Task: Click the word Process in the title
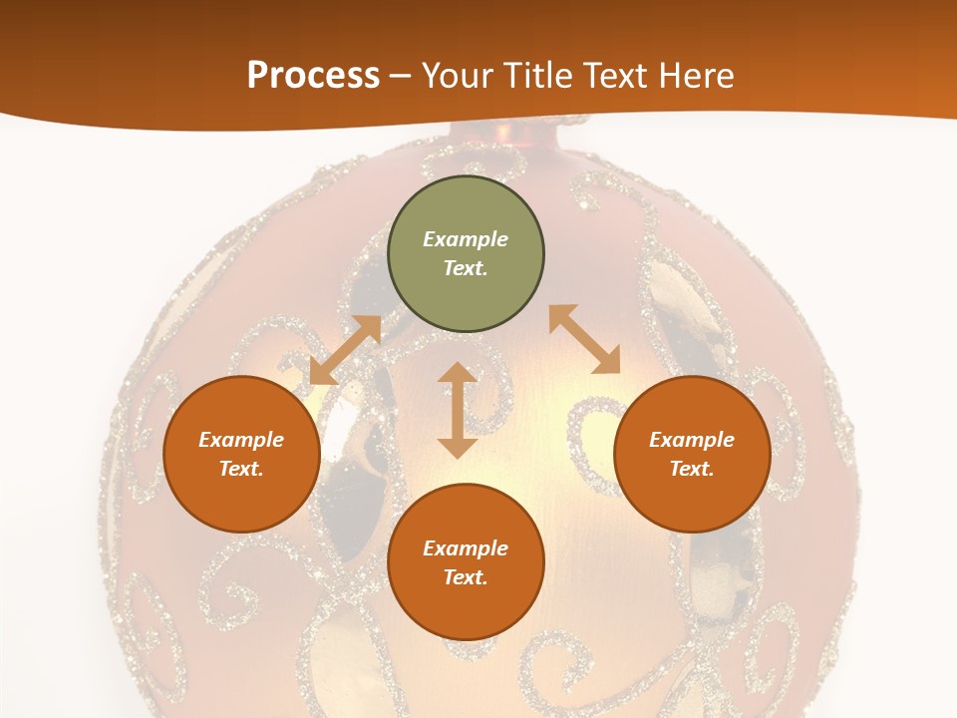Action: tap(313, 76)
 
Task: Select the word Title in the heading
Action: tap(541, 76)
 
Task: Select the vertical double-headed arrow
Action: tap(458, 410)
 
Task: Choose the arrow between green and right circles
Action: tap(584, 339)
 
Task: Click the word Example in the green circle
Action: tap(466, 239)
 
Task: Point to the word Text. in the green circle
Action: tap(466, 268)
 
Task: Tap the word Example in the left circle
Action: tap(241, 440)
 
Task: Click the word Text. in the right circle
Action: tap(692, 469)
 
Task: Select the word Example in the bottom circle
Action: tap(466, 548)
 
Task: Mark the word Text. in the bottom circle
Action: tap(466, 577)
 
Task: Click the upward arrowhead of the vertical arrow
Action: tap(458, 373)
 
